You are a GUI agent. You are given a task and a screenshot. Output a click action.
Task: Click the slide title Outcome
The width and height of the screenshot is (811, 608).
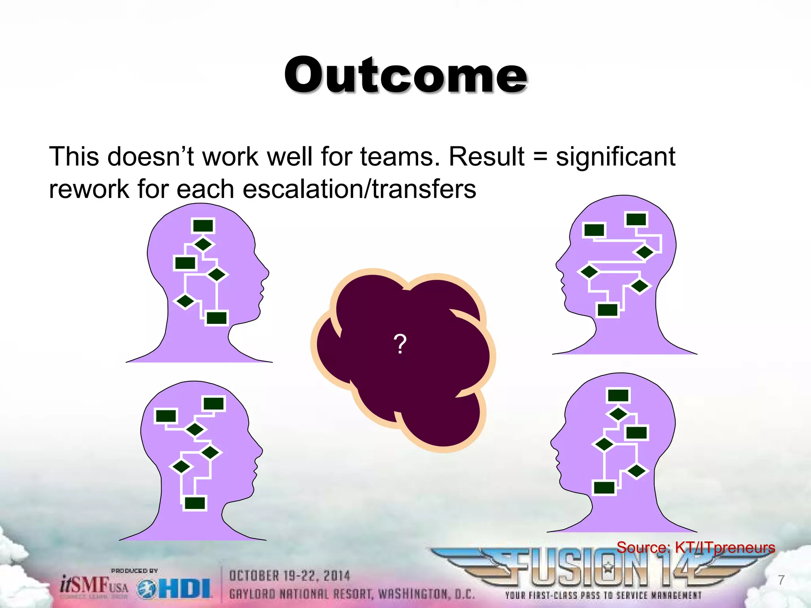coord(405,75)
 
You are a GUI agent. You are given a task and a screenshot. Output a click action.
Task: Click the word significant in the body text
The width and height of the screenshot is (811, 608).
coord(615,157)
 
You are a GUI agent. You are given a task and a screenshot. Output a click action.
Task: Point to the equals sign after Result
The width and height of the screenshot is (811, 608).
coord(540,157)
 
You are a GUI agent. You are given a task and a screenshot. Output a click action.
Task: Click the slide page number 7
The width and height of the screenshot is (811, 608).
coord(781,580)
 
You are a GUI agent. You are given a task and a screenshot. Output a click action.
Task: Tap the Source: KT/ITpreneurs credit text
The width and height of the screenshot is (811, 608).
coord(695,547)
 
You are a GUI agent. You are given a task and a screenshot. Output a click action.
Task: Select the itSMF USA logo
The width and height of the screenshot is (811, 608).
coord(94,585)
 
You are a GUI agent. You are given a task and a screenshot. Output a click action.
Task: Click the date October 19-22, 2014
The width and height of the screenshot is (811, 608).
coord(289,576)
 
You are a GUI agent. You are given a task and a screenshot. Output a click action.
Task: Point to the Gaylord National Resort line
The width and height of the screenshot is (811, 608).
coord(352,594)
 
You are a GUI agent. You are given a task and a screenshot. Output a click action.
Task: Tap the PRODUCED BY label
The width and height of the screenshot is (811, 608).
coord(134,571)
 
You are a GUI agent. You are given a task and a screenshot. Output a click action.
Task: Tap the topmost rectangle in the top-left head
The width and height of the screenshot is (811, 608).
coord(203,226)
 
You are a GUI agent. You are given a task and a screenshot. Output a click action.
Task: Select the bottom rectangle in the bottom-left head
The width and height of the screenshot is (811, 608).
coord(195,503)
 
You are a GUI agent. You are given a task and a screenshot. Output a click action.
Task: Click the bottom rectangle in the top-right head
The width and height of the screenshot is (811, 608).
coord(607,310)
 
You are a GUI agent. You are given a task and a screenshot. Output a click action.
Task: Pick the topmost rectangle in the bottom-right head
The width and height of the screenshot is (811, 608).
coord(618,395)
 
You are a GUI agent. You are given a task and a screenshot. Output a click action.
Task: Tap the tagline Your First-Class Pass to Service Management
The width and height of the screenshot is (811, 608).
coord(603,595)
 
